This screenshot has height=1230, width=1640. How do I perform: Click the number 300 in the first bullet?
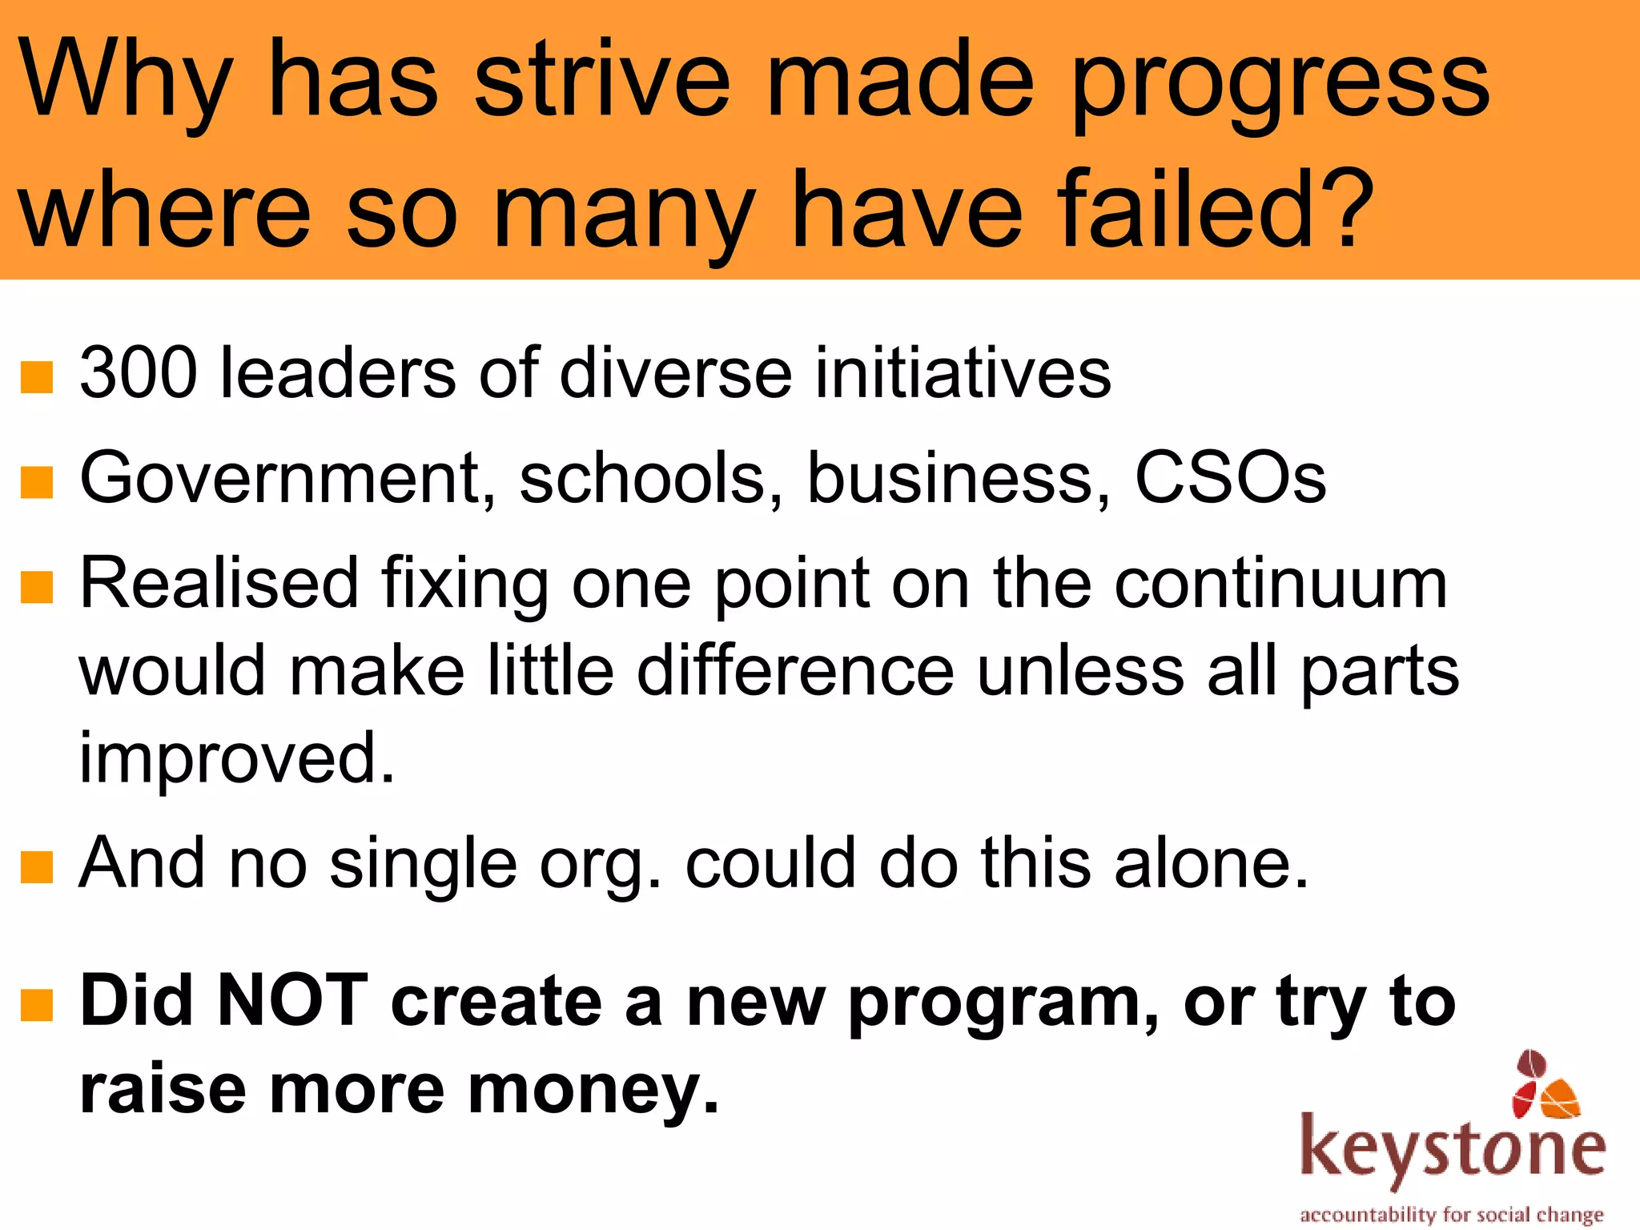pos(138,373)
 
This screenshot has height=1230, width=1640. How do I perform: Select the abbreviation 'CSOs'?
pos(1230,479)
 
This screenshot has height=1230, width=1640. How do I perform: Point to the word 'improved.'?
pos(237,759)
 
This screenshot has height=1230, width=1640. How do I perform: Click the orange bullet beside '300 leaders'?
pos(37,377)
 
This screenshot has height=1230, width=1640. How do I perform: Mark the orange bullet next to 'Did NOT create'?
pos(37,1006)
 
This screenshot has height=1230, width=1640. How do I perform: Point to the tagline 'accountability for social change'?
pos(1451,1215)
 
